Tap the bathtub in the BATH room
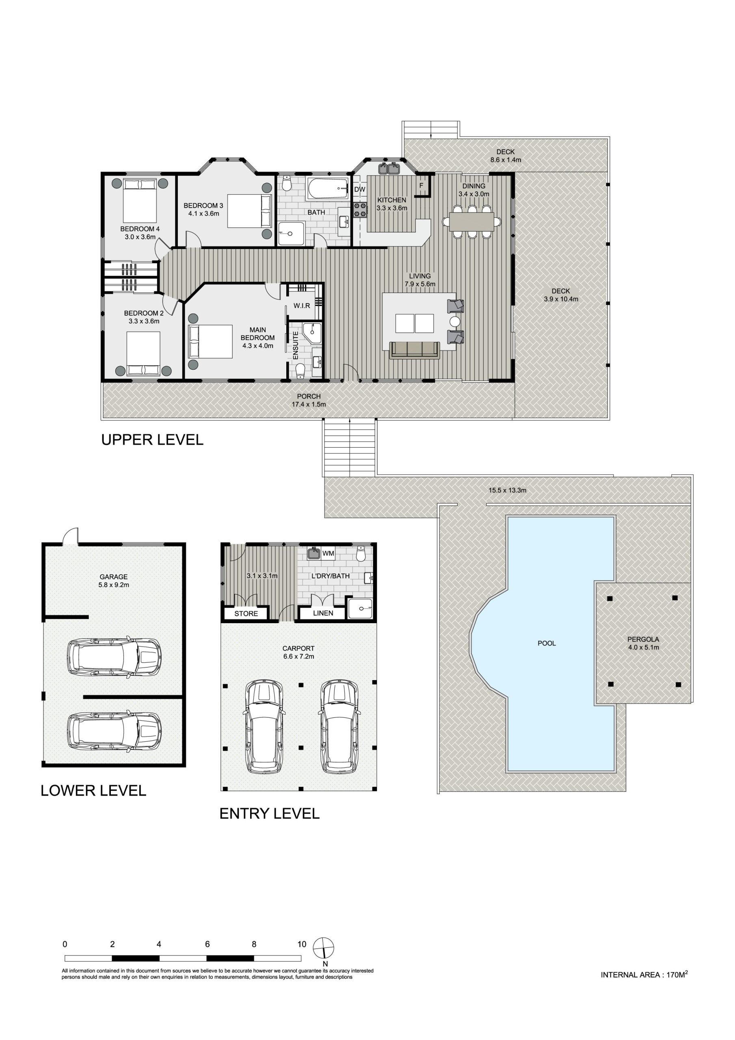[x=328, y=188]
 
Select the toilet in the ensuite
[x=300, y=372]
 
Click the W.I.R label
[x=302, y=306]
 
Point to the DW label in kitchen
[x=359, y=189]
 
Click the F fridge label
[x=421, y=186]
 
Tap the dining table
[x=472, y=221]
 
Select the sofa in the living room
[x=415, y=350]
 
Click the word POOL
[x=547, y=643]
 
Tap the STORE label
[x=246, y=613]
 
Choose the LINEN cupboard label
[x=323, y=613]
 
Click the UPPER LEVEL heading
[x=152, y=440]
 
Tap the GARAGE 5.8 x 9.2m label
[x=114, y=581]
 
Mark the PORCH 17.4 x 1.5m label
[x=309, y=401]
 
